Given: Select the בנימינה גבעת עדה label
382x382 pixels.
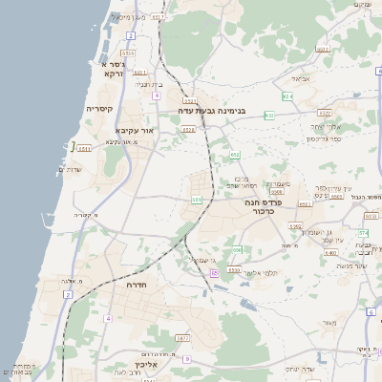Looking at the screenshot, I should [x=212, y=111].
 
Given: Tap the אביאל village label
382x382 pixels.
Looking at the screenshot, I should [x=301, y=78].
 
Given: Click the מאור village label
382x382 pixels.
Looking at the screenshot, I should [x=329, y=324].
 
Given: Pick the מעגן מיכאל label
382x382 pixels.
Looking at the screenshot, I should [x=127, y=17].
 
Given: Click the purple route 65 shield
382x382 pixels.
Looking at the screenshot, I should [x=215, y=273].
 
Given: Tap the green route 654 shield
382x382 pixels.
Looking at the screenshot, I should [x=287, y=96].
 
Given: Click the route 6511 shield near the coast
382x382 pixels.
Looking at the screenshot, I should [x=84, y=148].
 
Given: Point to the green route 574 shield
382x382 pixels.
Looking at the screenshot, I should [x=363, y=233].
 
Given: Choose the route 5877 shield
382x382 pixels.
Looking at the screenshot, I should [x=182, y=338].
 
